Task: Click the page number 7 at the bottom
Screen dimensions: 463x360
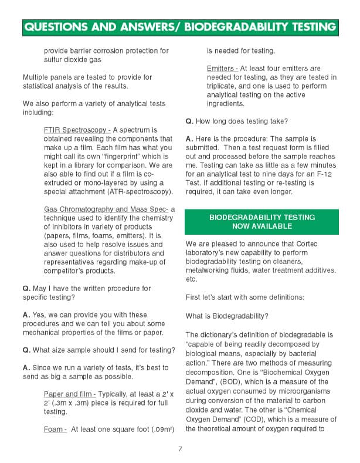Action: pyautogui.click(x=180, y=450)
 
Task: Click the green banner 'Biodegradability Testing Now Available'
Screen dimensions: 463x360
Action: pyautogui.click(x=261, y=221)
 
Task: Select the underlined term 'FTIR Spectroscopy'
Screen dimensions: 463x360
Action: pyautogui.click(x=76, y=130)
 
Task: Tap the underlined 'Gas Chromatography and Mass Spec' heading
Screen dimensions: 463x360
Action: pyautogui.click(x=106, y=209)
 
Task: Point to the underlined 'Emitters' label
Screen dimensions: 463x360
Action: pyautogui.click(x=220, y=69)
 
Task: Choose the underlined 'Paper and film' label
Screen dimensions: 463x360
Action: pyautogui.click(x=69, y=393)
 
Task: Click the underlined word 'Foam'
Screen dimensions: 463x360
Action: pyautogui.click(x=54, y=429)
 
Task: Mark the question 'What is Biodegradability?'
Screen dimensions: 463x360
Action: pyautogui.click(x=226, y=316)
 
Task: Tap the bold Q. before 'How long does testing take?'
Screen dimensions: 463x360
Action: pyautogui.click(x=189, y=121)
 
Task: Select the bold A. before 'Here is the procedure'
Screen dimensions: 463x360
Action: pyautogui.click(x=189, y=139)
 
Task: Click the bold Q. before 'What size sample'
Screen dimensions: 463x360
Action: pyautogui.click(x=26, y=350)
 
